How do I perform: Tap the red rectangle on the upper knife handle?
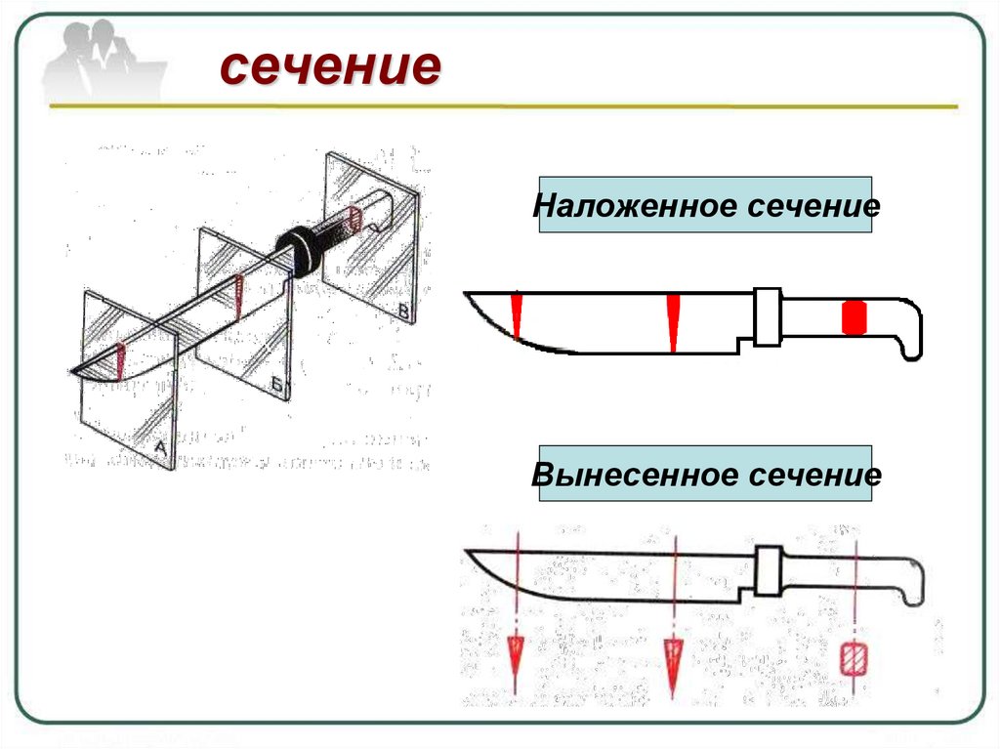854,318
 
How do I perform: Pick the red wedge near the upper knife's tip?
516,313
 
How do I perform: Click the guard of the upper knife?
767,316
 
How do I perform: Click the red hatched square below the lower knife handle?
854,658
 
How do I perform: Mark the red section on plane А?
119,360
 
